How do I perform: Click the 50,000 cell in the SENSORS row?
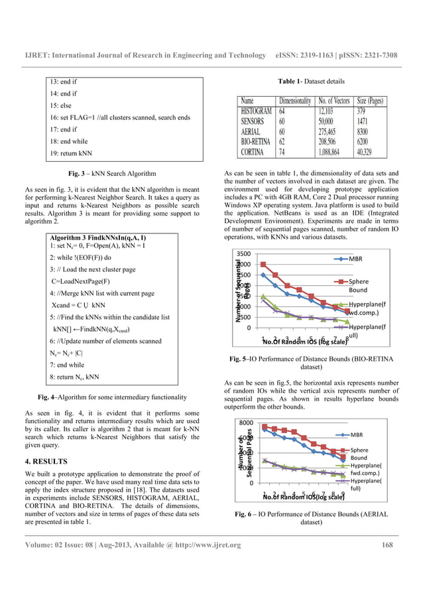(x=332, y=121)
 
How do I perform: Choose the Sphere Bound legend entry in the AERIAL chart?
(x=358, y=454)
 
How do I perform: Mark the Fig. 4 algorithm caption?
(x=111, y=397)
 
